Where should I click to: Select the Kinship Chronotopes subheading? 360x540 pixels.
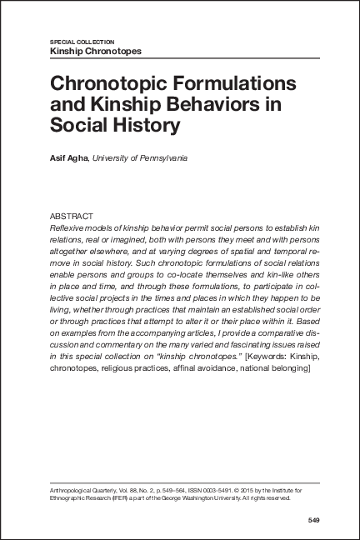click(x=96, y=51)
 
